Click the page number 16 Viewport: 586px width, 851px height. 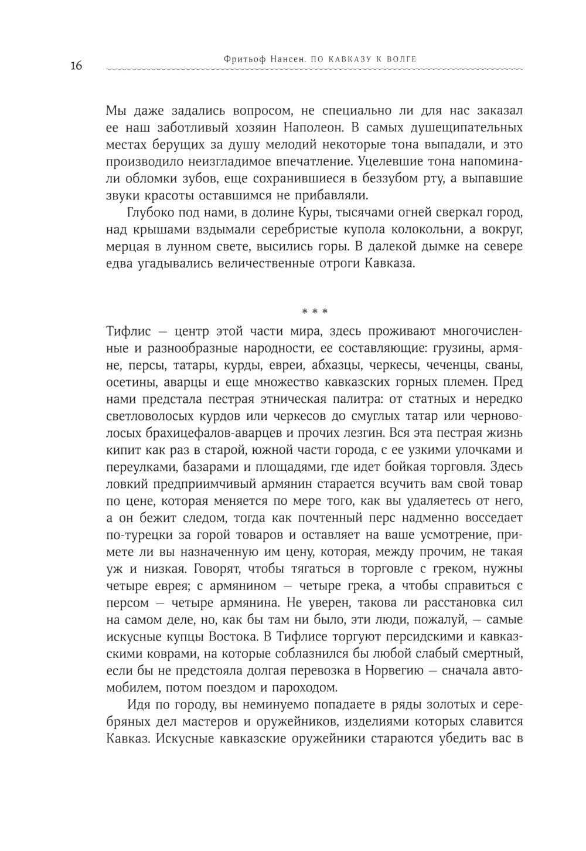click(76, 65)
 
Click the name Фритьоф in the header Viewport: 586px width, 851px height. click(244, 59)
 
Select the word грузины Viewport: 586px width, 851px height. click(455, 348)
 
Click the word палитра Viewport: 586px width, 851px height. click(330, 399)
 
